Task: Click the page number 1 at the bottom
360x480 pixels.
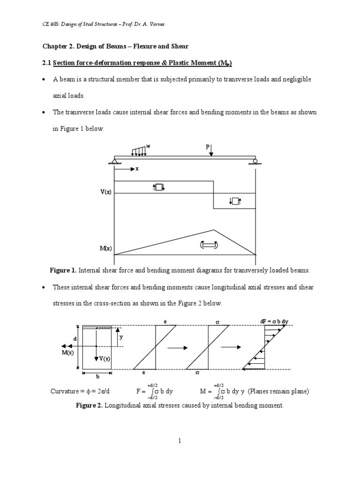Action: (180, 441)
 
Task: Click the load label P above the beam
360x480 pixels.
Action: (208, 147)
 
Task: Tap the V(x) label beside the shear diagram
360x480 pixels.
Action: (105, 193)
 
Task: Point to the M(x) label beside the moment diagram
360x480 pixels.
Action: (105, 248)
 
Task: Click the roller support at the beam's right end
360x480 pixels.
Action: (255, 162)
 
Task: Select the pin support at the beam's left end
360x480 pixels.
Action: (114, 162)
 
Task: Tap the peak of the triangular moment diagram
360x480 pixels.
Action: (214, 230)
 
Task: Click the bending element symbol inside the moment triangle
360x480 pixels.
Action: (209, 245)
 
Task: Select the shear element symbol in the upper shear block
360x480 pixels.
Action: (159, 187)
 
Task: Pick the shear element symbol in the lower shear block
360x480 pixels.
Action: (235, 201)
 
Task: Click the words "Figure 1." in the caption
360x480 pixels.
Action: (63, 270)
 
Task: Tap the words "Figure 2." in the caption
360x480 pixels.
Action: (89, 405)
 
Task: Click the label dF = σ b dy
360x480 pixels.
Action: (274, 322)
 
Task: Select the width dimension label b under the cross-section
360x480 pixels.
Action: (97, 377)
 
